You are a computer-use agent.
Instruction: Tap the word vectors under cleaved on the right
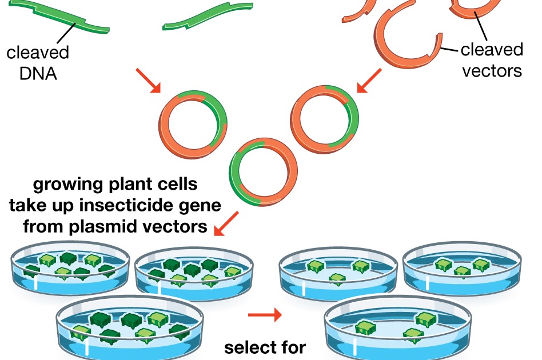point(492,71)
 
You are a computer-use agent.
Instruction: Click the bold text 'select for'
point(265,347)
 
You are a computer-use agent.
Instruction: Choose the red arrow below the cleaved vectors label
point(369,81)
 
